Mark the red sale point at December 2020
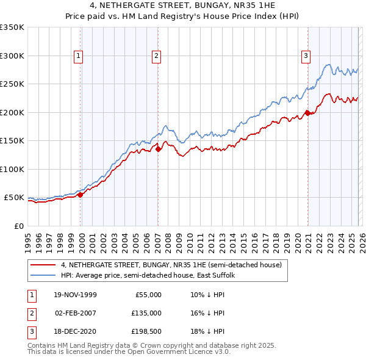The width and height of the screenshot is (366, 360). pyautogui.click(x=307, y=113)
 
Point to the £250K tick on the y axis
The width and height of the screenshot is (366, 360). pyautogui.click(x=13, y=84)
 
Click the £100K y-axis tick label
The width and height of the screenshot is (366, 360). pyautogui.click(x=13, y=169)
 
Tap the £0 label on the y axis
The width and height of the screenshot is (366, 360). pyautogui.click(x=19, y=226)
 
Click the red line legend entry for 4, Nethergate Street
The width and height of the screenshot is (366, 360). pyautogui.click(x=171, y=265)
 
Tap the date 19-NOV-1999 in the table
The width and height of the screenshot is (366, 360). pyautogui.click(x=76, y=295)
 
